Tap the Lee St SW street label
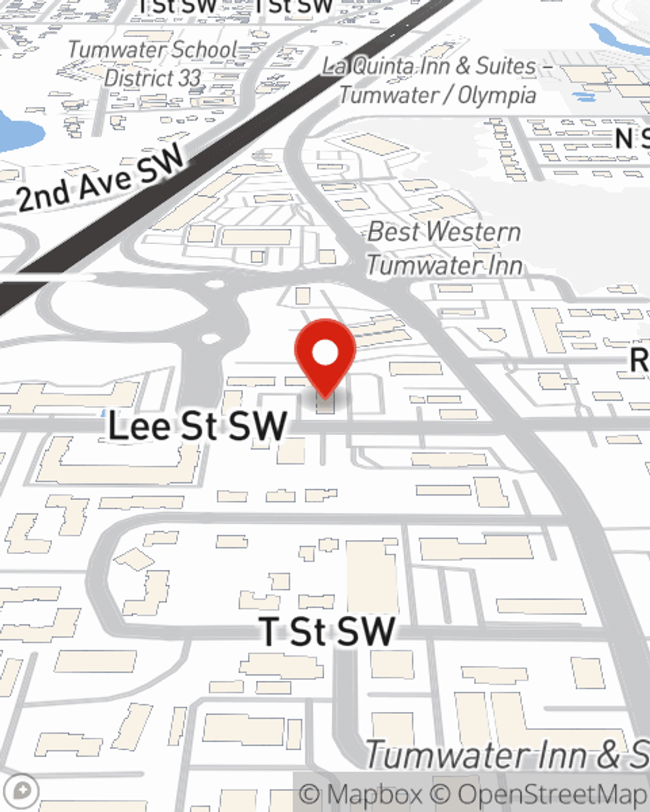point(197,426)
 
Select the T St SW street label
point(327,631)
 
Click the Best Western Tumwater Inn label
point(445,248)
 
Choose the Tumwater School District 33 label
point(153,64)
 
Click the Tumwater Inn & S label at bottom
point(507,755)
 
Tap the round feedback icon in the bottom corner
point(21,791)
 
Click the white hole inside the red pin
point(325,353)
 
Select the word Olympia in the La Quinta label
point(497,95)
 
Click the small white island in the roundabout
point(211,338)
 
